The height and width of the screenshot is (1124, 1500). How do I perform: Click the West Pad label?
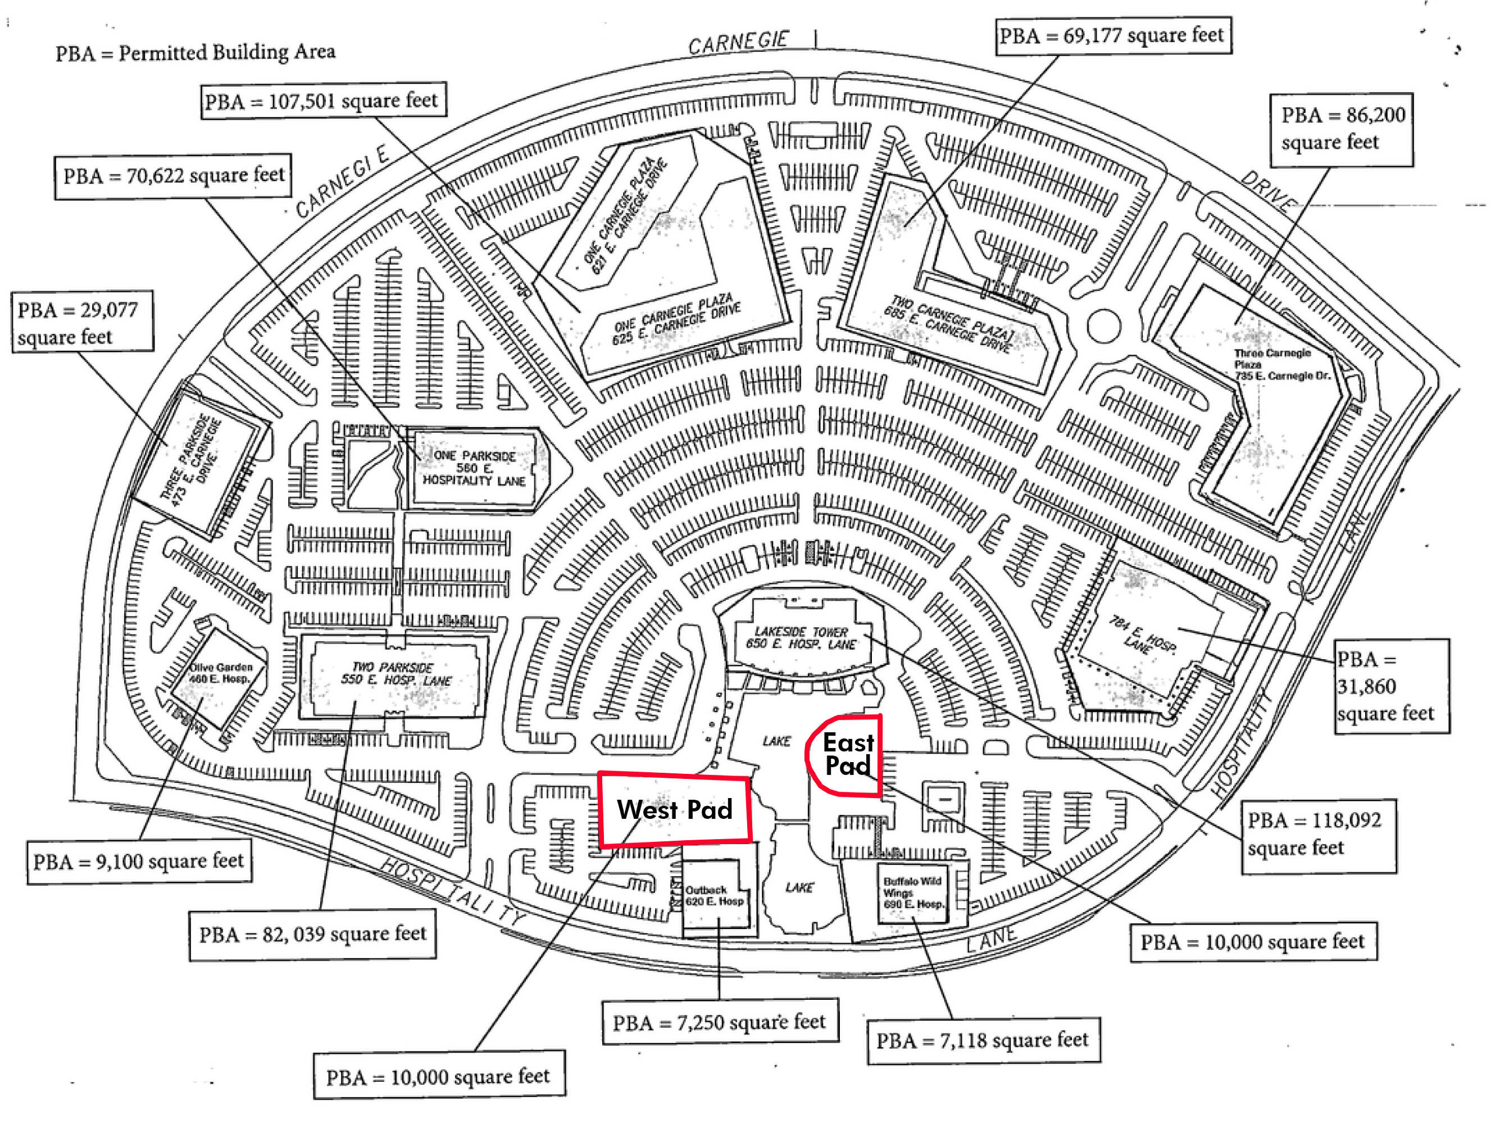(x=675, y=809)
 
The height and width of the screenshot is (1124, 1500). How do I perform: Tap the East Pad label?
(x=848, y=754)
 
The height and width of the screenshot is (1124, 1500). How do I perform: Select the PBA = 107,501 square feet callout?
(x=323, y=101)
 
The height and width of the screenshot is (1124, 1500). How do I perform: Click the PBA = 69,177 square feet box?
(x=1113, y=35)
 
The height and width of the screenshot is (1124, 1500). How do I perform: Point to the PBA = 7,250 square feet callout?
(x=720, y=1022)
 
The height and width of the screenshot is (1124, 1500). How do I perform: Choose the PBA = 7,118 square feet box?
(x=983, y=1040)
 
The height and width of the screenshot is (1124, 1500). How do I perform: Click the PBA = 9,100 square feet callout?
(x=139, y=862)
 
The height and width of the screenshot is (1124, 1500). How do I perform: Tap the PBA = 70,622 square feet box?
(x=174, y=176)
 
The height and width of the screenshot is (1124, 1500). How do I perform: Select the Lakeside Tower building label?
(x=801, y=638)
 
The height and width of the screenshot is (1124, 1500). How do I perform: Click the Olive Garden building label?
(x=220, y=672)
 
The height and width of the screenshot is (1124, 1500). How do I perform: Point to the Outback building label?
(x=714, y=895)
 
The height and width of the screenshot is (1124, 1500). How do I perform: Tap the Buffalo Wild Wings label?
(x=912, y=892)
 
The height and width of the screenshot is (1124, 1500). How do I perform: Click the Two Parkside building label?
(x=396, y=674)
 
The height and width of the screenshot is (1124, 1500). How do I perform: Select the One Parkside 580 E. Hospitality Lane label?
(x=474, y=468)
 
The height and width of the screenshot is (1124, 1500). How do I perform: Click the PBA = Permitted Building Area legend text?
(x=196, y=52)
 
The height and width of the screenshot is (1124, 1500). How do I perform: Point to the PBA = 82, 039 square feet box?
(x=312, y=934)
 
